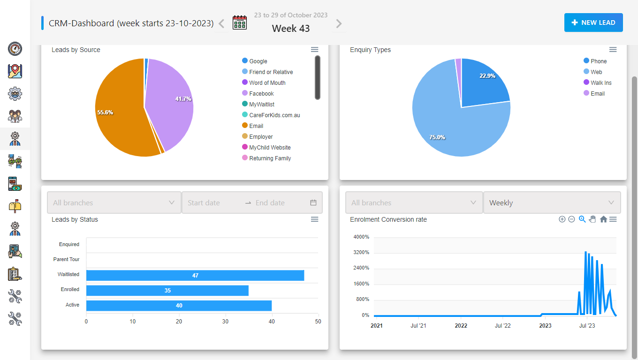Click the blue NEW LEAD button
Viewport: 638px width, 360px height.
(593, 22)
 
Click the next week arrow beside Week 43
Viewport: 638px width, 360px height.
(339, 23)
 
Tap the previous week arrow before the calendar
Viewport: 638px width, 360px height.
(222, 23)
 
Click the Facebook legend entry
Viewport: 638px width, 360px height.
(261, 94)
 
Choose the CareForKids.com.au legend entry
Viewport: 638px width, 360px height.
(274, 115)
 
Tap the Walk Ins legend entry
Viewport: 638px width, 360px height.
(601, 83)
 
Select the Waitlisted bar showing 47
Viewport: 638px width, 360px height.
(195, 275)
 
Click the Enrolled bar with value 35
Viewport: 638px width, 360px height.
(167, 291)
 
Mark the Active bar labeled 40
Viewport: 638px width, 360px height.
(179, 306)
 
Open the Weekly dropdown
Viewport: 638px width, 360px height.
(552, 202)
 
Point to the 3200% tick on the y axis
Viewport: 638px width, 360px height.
(361, 253)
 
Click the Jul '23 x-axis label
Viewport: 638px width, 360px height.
(587, 326)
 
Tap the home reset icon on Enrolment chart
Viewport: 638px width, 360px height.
(603, 219)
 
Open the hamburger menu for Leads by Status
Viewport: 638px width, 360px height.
(315, 219)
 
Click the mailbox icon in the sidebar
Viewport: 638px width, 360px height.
(15, 206)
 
